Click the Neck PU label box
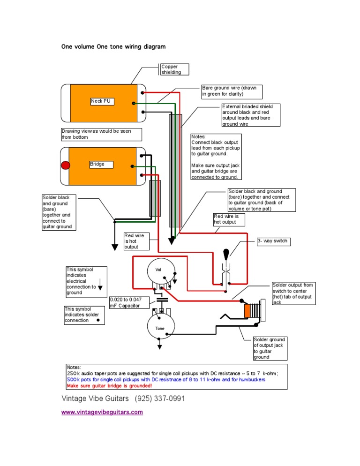[101, 101]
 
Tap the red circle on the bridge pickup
[66, 165]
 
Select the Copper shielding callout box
[174, 69]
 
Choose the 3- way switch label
[272, 241]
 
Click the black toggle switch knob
[226, 254]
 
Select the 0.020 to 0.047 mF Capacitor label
[130, 303]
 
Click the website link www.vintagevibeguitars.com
[102, 413]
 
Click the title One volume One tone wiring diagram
[113, 47]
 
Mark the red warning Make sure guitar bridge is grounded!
[109, 385]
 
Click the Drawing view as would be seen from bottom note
[101, 134]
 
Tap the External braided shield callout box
[250, 115]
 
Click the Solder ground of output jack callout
[269, 348]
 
